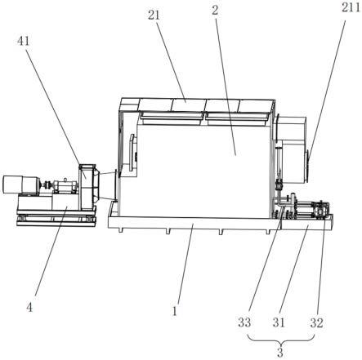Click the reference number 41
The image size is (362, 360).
pos(24,42)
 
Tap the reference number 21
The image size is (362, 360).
pos(154,16)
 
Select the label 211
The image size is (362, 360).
pos(350,7)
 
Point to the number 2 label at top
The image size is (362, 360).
pos(216,11)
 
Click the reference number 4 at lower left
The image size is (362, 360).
pos(29,308)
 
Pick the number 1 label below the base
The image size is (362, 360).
pos(174,311)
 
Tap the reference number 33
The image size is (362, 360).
pos(244,322)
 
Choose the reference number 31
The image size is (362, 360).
pos(279,322)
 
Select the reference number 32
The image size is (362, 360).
pos(316,322)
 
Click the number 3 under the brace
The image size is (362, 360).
pos(280,353)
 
